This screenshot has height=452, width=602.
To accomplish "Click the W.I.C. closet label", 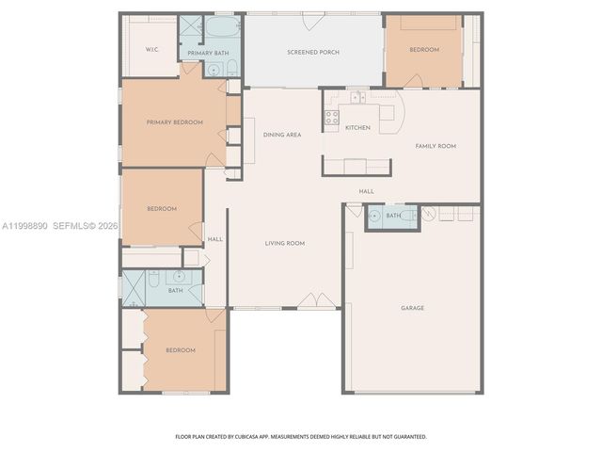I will pos(151,49).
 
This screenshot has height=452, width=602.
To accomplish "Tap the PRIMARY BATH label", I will pos(206,54).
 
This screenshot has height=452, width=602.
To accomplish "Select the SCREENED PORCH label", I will pos(313,52).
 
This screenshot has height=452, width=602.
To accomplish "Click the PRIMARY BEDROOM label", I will pos(174,122).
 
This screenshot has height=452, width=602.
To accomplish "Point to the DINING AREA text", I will pos(282,135).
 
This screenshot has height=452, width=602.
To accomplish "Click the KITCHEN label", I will pos(357,127).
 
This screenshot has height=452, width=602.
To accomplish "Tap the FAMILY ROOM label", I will pos(436,146).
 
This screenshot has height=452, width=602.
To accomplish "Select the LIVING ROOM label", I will pos(285,243).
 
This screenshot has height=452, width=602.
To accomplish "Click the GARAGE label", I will pos(412,308).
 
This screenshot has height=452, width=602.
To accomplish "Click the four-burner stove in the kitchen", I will pos(331,118).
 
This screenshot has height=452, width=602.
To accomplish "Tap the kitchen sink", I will pos(357,97).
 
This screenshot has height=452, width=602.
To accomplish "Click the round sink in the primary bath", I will pos(214,70).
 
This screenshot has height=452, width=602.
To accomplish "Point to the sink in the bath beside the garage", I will pos(375,216).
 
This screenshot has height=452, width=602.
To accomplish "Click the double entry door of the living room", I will pos(317,301).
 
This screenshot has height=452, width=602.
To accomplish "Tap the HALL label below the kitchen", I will pos(366,191).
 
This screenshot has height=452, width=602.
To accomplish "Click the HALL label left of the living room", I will pos(215,238).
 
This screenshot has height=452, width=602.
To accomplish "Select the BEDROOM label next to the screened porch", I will pos(424,49).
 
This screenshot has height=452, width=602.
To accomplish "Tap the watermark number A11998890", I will pos(24,226).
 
